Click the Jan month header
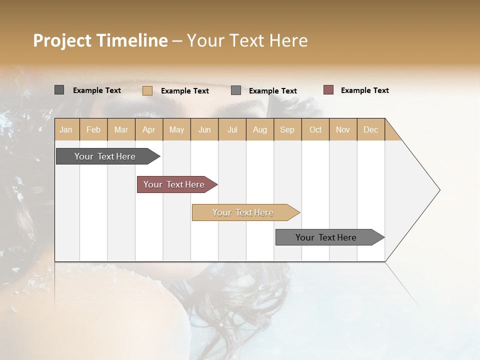pyautogui.click(x=66, y=129)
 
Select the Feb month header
pyautogui.click(x=93, y=129)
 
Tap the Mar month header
pyautogui.click(x=121, y=129)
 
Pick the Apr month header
pyautogui.click(x=149, y=129)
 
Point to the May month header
pyautogui.click(x=176, y=129)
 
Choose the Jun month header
pyautogui.click(x=204, y=129)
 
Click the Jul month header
pyautogui.click(x=232, y=129)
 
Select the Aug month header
pyautogui.click(x=260, y=129)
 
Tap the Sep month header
pyautogui.click(x=287, y=129)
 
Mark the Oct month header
pyautogui.click(x=315, y=129)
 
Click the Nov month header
pyautogui.click(x=343, y=129)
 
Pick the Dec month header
pyautogui.click(x=371, y=129)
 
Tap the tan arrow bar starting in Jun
pyautogui.click(x=243, y=212)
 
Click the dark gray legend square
pyautogui.click(x=59, y=90)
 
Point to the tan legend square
pyautogui.click(x=147, y=90)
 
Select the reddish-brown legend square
pyautogui.click(x=328, y=90)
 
